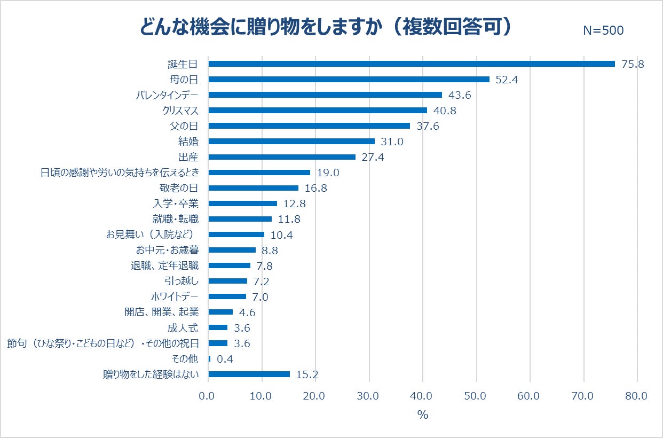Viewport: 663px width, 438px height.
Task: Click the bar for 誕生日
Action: [x=411, y=64]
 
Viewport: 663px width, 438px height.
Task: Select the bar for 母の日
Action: [x=349, y=80]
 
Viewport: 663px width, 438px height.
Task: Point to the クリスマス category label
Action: [x=180, y=111]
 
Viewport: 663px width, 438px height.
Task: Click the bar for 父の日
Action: [x=309, y=126]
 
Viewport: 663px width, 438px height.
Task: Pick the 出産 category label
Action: [x=188, y=157]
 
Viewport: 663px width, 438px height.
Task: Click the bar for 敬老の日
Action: [x=253, y=188]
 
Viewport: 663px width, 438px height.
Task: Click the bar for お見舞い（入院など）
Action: [x=236, y=234]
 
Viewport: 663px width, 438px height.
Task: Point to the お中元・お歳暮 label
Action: [x=168, y=250]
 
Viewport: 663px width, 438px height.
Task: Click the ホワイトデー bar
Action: [x=227, y=296]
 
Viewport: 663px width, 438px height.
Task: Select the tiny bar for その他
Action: [x=209, y=358]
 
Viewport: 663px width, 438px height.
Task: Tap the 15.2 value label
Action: [x=307, y=374]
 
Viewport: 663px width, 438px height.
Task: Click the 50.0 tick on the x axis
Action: [x=476, y=396]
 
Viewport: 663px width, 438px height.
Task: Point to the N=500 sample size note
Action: [x=603, y=31]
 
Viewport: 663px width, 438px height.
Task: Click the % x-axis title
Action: [x=423, y=415]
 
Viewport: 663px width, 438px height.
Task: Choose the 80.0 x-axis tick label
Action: [x=636, y=396]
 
